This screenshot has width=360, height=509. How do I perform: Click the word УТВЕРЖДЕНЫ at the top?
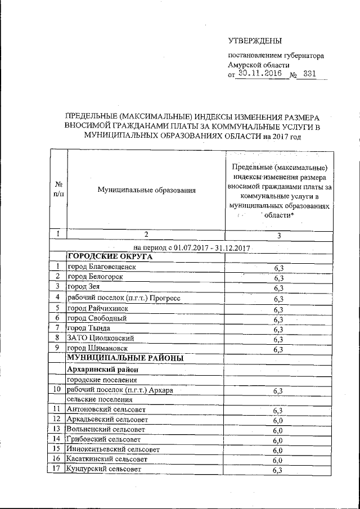255,40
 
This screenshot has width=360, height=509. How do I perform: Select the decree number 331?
309,74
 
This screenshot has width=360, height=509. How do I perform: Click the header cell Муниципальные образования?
146,190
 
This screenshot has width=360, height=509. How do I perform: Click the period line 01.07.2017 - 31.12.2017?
192,247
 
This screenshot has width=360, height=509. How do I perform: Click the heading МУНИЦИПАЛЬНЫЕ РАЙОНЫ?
121,358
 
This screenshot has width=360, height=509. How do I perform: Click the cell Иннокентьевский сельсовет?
112,449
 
